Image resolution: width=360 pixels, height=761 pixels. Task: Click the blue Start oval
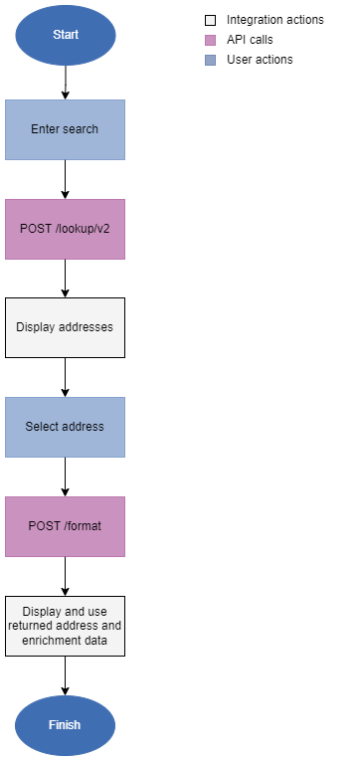click(65, 35)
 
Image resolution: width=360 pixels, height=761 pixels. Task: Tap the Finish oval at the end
click(65, 725)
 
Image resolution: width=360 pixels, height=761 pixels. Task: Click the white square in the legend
click(210, 20)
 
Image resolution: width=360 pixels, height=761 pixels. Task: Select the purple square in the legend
click(210, 40)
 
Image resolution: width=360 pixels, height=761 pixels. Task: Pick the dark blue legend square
click(210, 60)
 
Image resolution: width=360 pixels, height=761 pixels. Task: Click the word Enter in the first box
click(47, 129)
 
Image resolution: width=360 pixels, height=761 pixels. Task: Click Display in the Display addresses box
click(37, 327)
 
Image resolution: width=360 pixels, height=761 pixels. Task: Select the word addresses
click(87, 327)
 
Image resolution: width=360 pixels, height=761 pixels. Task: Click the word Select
click(42, 427)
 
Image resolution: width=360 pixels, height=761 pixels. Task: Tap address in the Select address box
click(83, 427)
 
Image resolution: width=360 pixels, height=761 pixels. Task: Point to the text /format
click(84, 526)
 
